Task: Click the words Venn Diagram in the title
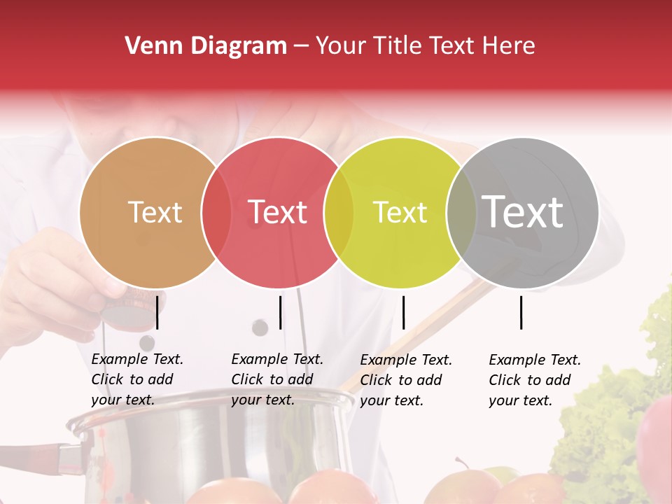click(x=206, y=46)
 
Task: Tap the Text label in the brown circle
click(x=155, y=212)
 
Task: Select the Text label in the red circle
click(x=278, y=212)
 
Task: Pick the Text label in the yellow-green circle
click(x=400, y=212)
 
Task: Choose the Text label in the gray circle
click(x=523, y=211)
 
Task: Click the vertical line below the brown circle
click(x=157, y=311)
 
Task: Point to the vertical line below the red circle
click(x=280, y=311)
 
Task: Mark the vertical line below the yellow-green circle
click(x=403, y=311)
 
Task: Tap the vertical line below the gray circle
click(x=521, y=311)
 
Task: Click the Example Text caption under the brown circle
click(x=136, y=379)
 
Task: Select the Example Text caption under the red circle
click(x=276, y=379)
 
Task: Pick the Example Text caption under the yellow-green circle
click(x=405, y=380)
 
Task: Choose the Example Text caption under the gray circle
click(x=534, y=380)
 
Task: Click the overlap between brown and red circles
click(x=216, y=212)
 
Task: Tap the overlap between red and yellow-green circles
click(x=339, y=212)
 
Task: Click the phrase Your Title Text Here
click(x=425, y=46)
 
